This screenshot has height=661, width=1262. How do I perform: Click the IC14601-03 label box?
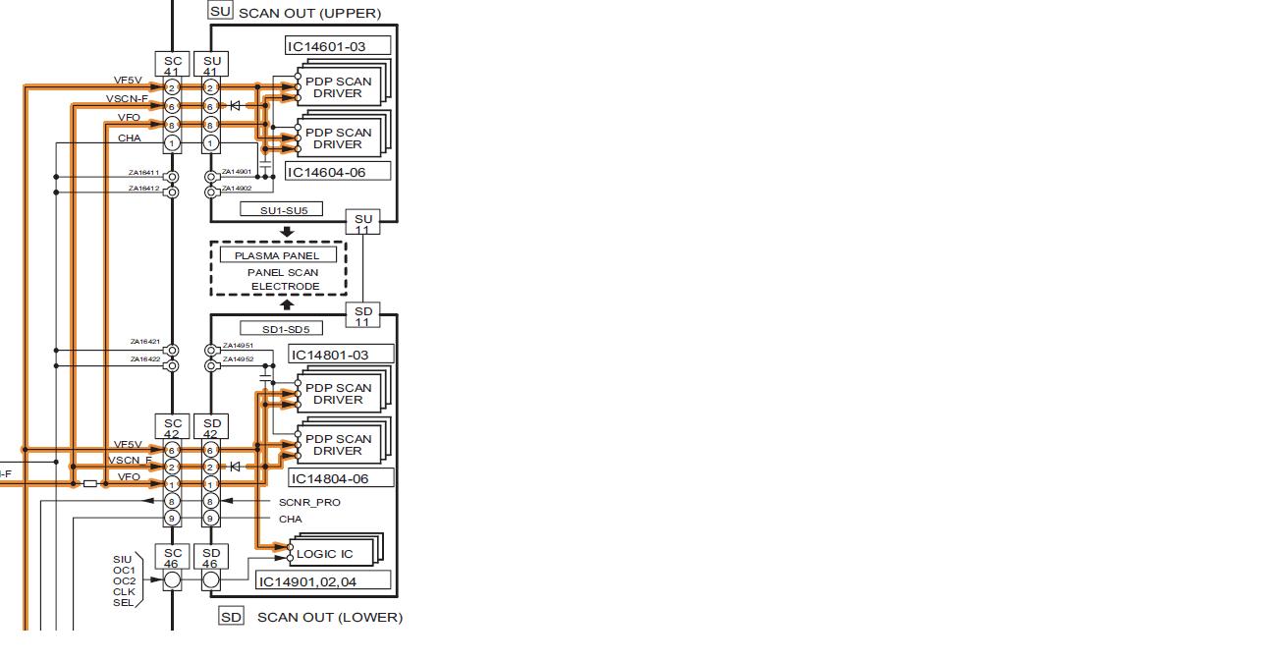click(339, 46)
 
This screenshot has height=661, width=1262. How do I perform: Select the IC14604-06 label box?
click(339, 172)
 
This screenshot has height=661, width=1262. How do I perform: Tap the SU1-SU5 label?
click(284, 210)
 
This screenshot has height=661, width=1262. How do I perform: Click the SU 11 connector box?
click(363, 223)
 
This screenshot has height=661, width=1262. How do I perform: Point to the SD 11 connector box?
click(363, 315)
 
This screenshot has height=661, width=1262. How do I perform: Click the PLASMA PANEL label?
click(277, 255)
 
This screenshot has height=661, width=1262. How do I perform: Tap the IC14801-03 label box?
click(341, 355)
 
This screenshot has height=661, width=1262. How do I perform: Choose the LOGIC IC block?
click(325, 554)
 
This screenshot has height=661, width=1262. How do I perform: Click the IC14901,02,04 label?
click(322, 581)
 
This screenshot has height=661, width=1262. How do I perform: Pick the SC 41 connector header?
click(173, 66)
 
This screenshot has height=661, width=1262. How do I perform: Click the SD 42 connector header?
click(211, 427)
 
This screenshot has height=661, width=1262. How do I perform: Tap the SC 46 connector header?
click(173, 558)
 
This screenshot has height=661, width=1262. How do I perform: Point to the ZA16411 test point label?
click(143, 173)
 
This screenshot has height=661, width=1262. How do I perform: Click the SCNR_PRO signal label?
click(309, 502)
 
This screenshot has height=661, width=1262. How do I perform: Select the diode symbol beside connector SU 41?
click(235, 105)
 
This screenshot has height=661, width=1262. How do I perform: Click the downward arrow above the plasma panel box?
click(287, 233)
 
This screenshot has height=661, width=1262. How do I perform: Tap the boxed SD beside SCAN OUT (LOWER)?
click(231, 617)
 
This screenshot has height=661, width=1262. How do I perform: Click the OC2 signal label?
click(124, 581)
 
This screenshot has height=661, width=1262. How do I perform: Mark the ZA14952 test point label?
click(238, 359)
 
